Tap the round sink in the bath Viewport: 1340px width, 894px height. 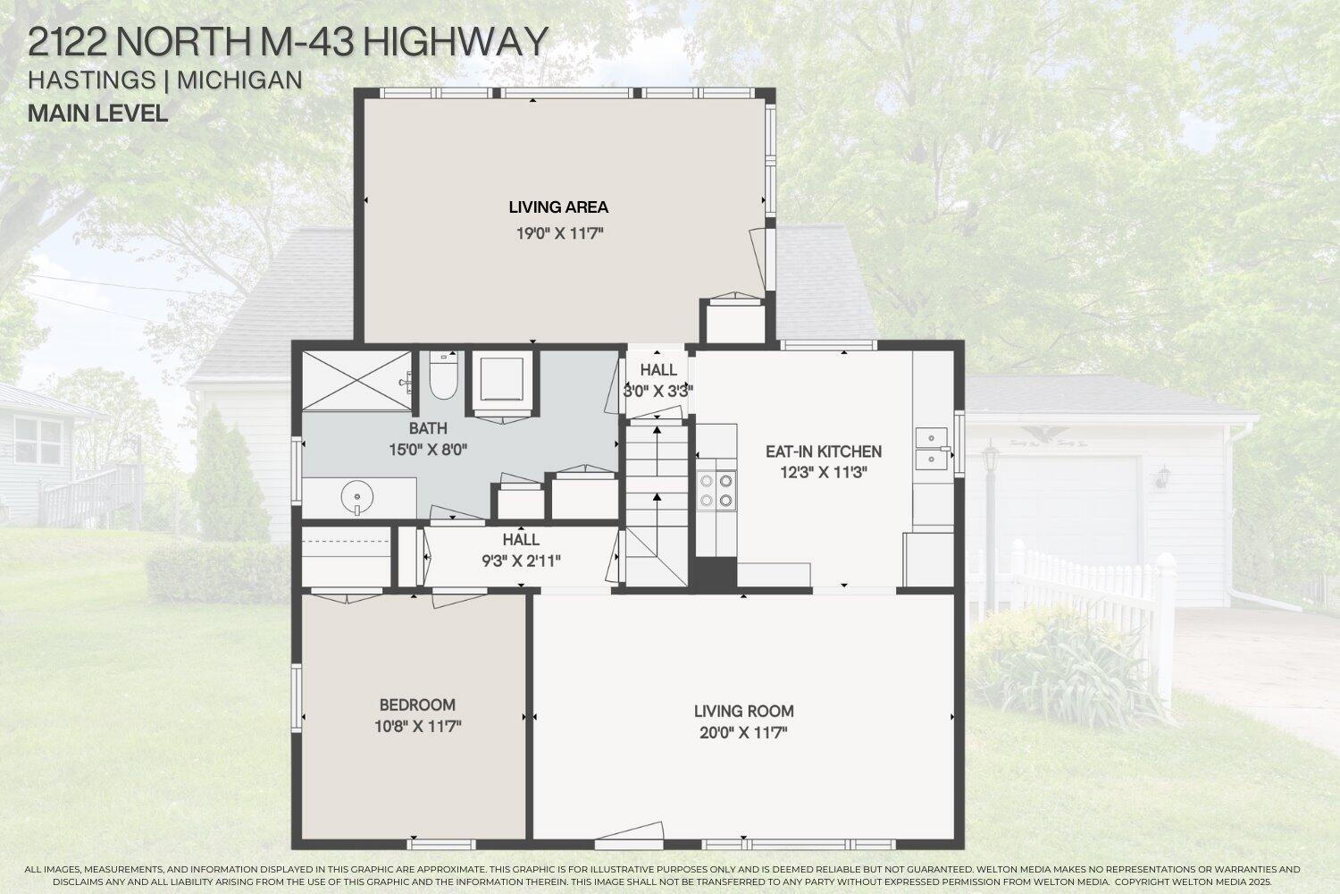(357, 497)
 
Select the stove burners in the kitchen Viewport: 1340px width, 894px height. (716, 490)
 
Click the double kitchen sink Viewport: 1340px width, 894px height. (932, 449)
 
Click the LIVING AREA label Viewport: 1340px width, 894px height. (558, 207)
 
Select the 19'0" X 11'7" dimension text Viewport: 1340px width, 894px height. (559, 233)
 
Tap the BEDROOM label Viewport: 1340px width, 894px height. (417, 704)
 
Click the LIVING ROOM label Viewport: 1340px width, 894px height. (743, 712)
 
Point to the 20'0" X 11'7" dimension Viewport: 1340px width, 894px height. (743, 733)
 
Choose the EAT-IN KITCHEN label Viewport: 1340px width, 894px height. (824, 451)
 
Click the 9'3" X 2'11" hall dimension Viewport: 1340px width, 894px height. (521, 561)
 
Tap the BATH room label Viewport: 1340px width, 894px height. (428, 429)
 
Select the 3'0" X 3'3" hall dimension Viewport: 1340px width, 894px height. (658, 392)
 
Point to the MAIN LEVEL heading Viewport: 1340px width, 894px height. (98, 114)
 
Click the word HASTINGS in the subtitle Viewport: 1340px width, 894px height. (92, 80)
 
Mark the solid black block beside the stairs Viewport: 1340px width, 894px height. (715, 573)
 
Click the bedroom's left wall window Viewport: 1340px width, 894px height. (296, 697)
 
